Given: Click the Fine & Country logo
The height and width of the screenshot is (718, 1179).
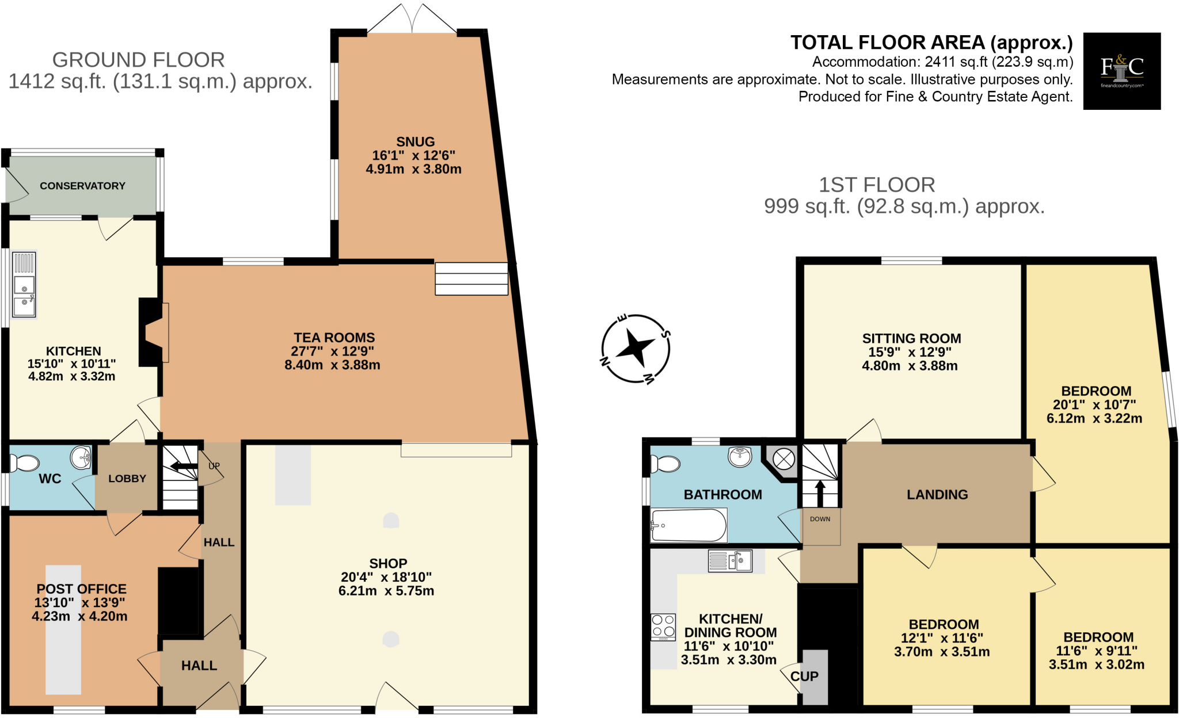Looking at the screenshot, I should pyautogui.click(x=1121, y=71).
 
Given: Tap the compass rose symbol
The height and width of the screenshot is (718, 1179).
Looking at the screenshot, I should pyautogui.click(x=636, y=349).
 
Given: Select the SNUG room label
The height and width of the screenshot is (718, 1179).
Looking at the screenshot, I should pyautogui.click(x=415, y=142).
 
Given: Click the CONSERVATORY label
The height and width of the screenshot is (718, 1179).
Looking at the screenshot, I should pyautogui.click(x=82, y=186).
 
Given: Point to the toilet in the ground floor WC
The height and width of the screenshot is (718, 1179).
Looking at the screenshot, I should pyautogui.click(x=25, y=463).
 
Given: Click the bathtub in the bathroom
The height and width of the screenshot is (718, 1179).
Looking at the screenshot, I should pyautogui.click(x=688, y=525).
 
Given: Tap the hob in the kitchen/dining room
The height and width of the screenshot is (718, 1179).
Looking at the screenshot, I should pyautogui.click(x=663, y=627).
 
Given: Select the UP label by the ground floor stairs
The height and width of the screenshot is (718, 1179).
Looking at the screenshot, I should pyautogui.click(x=214, y=466).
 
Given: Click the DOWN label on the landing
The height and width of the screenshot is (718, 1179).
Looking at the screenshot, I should pyautogui.click(x=820, y=519).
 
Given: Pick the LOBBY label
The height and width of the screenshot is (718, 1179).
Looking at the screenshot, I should pyautogui.click(x=127, y=479).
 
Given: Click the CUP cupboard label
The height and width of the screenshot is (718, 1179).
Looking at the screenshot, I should pyautogui.click(x=804, y=677).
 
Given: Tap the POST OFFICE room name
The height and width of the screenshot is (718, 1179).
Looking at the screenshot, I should pyautogui.click(x=81, y=589).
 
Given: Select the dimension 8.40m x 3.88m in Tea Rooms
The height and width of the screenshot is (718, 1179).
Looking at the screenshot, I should pyautogui.click(x=332, y=365).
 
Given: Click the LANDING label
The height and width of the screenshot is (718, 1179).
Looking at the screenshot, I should pyautogui.click(x=937, y=495).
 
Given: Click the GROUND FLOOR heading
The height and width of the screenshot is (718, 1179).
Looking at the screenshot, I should pyautogui.click(x=138, y=60).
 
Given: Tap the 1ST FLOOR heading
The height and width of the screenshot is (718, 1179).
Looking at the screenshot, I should pyautogui.click(x=877, y=185).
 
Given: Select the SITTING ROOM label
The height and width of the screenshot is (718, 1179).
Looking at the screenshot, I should pyautogui.click(x=911, y=338).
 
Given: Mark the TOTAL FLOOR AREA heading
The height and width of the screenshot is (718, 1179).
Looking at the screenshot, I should pyautogui.click(x=931, y=43).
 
